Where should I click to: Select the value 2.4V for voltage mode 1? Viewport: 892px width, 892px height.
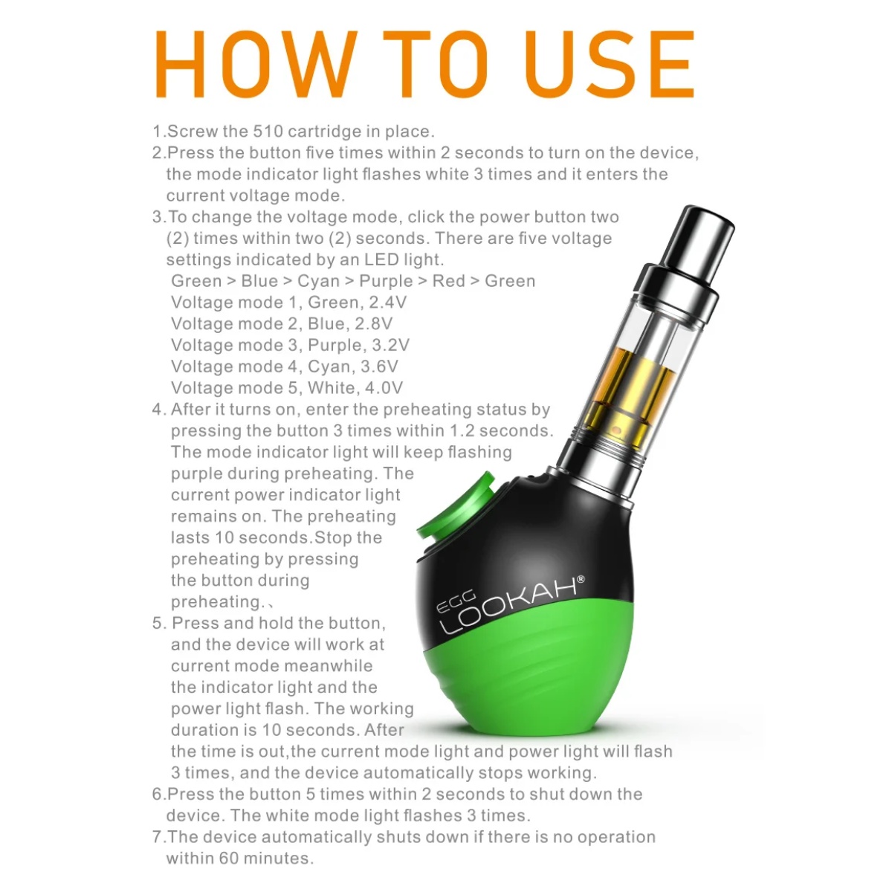tap(388, 303)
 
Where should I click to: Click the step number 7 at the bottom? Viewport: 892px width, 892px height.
tap(157, 837)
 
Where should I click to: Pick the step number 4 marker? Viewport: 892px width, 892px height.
tap(157, 410)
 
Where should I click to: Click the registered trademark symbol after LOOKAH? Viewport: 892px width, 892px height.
tap(581, 579)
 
